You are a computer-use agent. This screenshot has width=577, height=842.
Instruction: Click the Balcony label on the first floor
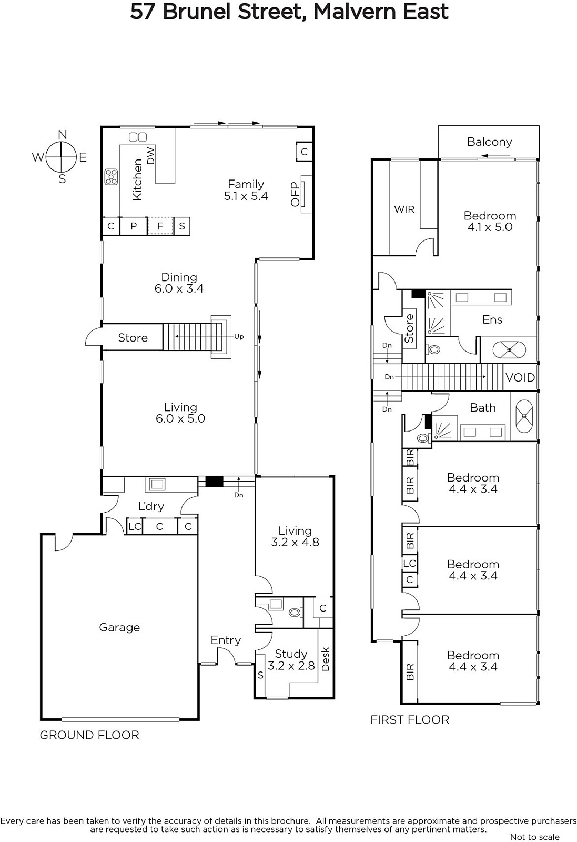tap(490, 142)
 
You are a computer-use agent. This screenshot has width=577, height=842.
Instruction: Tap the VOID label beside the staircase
tap(520, 377)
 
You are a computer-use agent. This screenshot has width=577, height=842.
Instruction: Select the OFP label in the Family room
tap(295, 194)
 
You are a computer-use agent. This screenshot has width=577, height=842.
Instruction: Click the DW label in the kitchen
tap(150, 155)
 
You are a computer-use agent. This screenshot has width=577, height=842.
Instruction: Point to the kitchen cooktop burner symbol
tap(111, 177)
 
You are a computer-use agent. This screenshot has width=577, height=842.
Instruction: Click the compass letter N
tap(63, 135)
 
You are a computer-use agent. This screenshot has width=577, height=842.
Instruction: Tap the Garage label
tap(119, 627)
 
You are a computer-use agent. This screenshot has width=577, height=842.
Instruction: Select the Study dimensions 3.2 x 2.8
tap(291, 666)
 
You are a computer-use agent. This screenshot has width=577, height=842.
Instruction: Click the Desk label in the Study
tap(325, 659)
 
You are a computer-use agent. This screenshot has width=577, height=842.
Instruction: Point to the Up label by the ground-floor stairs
tap(239, 336)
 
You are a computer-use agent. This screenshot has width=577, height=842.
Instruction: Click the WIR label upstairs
tap(404, 209)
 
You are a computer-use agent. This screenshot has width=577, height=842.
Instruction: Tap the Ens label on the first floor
tap(492, 319)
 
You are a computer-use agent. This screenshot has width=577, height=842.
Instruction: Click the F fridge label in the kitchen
tap(160, 226)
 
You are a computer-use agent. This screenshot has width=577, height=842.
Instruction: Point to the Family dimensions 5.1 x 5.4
tap(246, 196)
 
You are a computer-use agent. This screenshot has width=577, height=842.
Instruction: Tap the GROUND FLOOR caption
tap(89, 735)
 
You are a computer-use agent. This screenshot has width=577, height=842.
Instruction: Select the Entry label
tap(226, 640)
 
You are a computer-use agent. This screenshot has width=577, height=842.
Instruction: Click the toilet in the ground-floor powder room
tap(295, 613)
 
